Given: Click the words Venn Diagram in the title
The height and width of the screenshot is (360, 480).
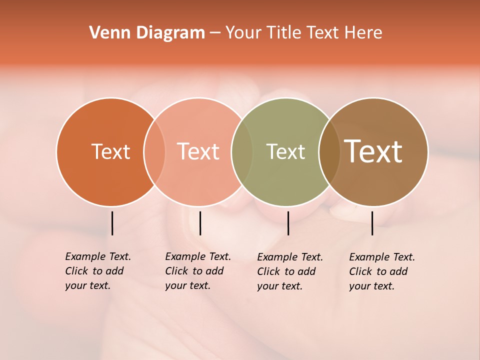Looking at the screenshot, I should tap(147, 33).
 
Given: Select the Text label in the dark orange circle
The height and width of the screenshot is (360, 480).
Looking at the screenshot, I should tap(110, 151).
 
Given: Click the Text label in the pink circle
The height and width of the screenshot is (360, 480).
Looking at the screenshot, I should tap(198, 151).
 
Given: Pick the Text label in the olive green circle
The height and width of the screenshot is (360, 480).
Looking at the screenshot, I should tap(285, 151).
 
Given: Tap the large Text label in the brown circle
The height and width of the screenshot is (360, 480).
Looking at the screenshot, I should tap(373, 151).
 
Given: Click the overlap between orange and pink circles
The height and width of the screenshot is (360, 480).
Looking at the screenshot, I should tap(154, 151).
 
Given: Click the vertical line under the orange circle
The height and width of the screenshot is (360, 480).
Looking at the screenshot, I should tap(112, 223).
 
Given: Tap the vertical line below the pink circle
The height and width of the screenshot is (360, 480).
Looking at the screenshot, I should tap(200, 223).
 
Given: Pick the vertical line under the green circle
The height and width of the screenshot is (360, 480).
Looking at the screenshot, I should tap(288, 223).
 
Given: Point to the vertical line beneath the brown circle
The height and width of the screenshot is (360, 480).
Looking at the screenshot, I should tap(372, 223).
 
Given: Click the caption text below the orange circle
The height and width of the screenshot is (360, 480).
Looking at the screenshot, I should tap(97, 271).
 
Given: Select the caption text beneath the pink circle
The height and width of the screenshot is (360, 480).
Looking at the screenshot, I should tap(197, 271).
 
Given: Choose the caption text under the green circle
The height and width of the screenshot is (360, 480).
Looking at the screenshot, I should tap(290, 271).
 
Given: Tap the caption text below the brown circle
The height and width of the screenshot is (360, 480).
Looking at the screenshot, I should tap(382, 271).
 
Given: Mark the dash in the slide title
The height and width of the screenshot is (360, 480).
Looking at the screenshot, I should tap(215, 33).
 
